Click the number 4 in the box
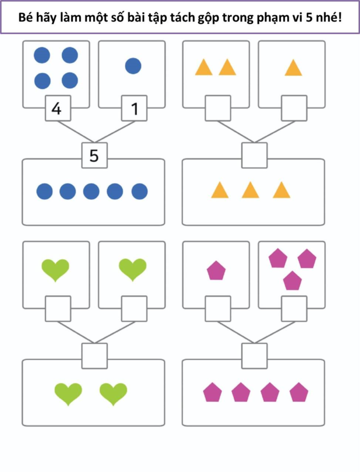(57, 109)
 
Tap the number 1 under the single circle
(134, 109)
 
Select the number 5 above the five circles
(94, 155)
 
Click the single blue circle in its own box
(133, 66)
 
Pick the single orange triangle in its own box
(293, 68)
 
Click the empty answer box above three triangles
(254, 155)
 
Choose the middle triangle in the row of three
(250, 190)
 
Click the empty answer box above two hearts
(94, 356)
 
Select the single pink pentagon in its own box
(216, 271)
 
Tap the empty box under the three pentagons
(294, 309)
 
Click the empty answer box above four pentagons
(254, 356)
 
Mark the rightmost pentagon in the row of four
(299, 392)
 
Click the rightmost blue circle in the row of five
(139, 192)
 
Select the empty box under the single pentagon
(218, 309)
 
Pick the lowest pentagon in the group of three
(292, 281)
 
